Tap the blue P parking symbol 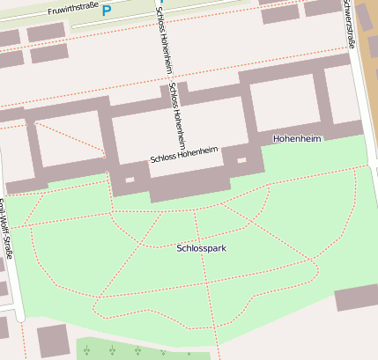tap(107, 10)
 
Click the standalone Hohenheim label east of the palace tap(297, 139)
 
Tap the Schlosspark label tap(201, 249)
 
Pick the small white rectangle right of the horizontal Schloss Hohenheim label tap(241, 161)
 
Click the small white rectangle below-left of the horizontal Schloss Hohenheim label tap(130, 180)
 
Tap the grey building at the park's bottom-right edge tap(356, 298)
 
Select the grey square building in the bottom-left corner tap(53, 341)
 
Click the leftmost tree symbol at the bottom tap(86, 351)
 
